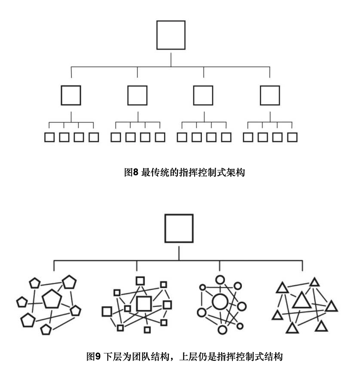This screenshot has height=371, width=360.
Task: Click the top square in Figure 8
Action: (x=171, y=35)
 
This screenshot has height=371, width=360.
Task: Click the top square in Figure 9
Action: (x=179, y=228)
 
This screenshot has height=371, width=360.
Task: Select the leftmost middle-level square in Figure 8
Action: (x=71, y=95)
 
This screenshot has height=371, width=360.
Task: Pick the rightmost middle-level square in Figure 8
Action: (x=270, y=95)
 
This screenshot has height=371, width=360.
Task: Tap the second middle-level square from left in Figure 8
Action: (x=137, y=95)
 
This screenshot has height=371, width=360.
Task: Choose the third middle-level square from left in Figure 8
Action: (x=203, y=95)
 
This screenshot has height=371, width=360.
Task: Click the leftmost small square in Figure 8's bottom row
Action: (x=49, y=138)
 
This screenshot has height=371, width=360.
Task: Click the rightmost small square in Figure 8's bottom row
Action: (x=293, y=138)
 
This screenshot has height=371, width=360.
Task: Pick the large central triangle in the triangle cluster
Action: (x=302, y=300)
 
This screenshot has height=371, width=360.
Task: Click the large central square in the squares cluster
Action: (x=144, y=304)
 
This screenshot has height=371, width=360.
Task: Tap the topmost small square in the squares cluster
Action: (x=140, y=281)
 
